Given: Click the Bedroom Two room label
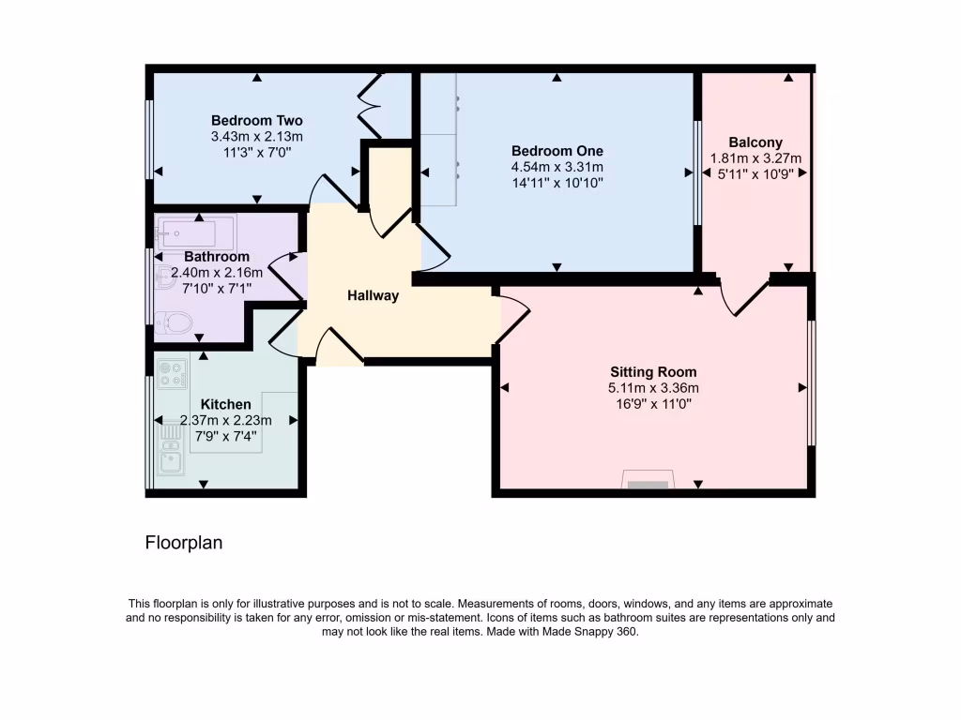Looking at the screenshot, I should pyautogui.click(x=256, y=121).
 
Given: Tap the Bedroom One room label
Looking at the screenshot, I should pyautogui.click(x=557, y=151).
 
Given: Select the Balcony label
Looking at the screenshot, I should pyautogui.click(x=755, y=142).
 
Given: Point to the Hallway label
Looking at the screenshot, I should pyautogui.click(x=373, y=295).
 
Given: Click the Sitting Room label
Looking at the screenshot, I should pyautogui.click(x=653, y=372).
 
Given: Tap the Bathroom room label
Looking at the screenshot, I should pyautogui.click(x=217, y=257).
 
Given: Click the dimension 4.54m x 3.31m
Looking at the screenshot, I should pyautogui.click(x=557, y=167).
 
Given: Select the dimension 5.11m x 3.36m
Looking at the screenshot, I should pyautogui.click(x=653, y=388).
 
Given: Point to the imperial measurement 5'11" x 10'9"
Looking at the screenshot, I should pyautogui.click(x=755, y=173).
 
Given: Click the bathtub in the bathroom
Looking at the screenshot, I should pyautogui.click(x=196, y=231).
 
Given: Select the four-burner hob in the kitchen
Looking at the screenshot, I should pyautogui.click(x=172, y=374).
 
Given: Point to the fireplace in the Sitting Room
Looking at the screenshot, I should pyautogui.click(x=648, y=482).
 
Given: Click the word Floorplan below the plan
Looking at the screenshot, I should pyautogui.click(x=184, y=543).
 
